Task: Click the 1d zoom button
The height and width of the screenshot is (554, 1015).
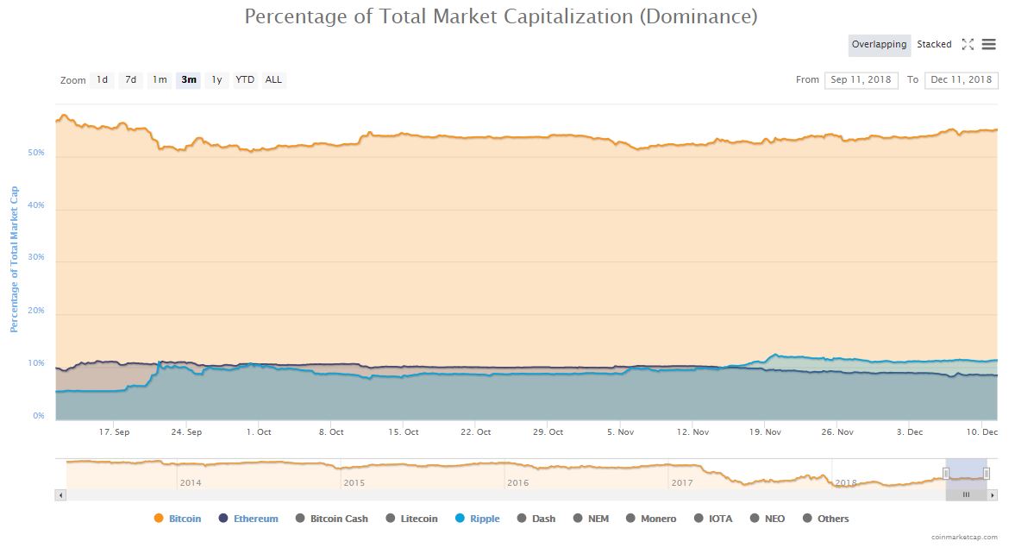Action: point(102,80)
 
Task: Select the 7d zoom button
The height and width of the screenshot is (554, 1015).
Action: point(130,80)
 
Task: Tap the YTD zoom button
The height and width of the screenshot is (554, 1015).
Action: point(245,80)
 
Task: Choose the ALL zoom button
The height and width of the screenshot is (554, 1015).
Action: point(273,80)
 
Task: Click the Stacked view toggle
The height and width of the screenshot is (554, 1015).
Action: point(934,45)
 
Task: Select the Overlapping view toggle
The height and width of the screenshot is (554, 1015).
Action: point(879,45)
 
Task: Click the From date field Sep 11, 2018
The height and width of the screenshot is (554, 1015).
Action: point(861,80)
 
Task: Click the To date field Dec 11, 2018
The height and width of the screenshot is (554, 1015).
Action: point(961,80)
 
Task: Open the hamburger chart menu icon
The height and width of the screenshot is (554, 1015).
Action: point(989,45)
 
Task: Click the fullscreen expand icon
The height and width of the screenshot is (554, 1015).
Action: point(968,45)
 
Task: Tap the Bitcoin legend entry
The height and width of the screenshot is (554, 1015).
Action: point(178,519)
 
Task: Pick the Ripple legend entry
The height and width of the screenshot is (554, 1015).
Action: point(477,519)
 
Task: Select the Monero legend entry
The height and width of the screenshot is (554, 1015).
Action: point(651,519)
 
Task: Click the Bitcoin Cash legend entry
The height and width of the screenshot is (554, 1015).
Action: point(332,519)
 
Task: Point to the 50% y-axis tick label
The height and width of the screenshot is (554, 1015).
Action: point(37,154)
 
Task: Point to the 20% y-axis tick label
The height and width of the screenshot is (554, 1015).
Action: point(37,312)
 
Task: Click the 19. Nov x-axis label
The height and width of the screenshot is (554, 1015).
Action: point(766,431)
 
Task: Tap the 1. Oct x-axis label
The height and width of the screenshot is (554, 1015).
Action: point(259,431)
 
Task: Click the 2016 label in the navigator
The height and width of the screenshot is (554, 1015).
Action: point(517,483)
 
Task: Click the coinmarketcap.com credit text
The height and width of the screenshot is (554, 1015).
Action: point(964,537)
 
